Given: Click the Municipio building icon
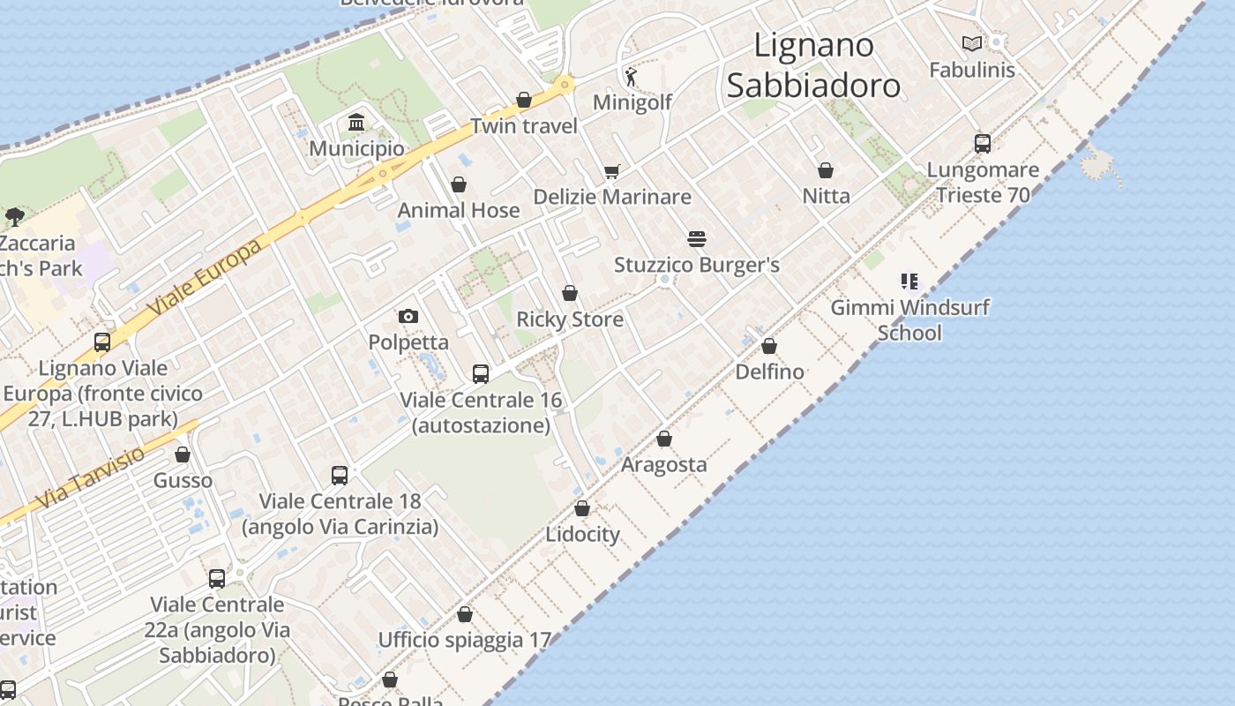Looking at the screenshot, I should (356, 122).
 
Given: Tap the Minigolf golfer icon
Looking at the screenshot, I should (630, 75).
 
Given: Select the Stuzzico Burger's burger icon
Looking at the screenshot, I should (697, 239).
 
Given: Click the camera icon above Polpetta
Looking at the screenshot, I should (408, 316).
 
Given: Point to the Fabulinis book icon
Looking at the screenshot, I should (972, 43).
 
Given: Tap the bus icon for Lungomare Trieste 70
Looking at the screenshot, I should (983, 143).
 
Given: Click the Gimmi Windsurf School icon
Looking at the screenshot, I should (909, 282).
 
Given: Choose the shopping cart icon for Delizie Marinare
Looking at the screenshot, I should (611, 171).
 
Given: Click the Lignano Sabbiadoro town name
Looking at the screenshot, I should (813, 65).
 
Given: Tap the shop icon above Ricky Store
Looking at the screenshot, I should (570, 293).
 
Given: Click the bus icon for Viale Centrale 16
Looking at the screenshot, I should (481, 374).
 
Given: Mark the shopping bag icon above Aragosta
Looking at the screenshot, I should (664, 439).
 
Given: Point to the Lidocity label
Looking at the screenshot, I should (582, 534).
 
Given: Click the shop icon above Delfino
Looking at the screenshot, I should (769, 346).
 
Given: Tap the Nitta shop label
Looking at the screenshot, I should (826, 196).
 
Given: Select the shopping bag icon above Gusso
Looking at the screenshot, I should (183, 454).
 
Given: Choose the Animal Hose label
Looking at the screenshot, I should (459, 210).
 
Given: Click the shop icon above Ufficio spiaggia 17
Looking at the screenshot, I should (465, 614).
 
